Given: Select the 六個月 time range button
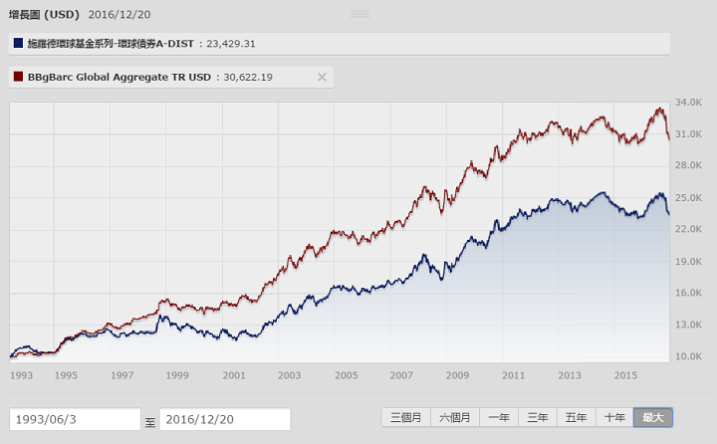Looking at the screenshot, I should pyautogui.click(x=457, y=418).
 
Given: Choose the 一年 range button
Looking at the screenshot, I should pyautogui.click(x=500, y=418).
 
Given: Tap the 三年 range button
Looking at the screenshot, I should pyautogui.click(x=538, y=418).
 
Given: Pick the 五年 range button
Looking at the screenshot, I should pyautogui.click(x=577, y=418).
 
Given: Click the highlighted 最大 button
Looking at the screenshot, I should pyautogui.click(x=652, y=418).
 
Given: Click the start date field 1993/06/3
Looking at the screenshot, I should pyautogui.click(x=75, y=419).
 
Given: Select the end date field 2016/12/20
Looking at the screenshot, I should pyautogui.click(x=225, y=419).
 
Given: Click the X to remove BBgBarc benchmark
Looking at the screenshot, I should pyautogui.click(x=322, y=77).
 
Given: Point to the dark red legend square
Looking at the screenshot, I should pyautogui.click(x=18, y=77).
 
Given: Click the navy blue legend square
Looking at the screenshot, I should pyautogui.click(x=18, y=43).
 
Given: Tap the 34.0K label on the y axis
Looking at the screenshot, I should pyautogui.click(x=689, y=102).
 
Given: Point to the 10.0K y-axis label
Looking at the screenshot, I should pyautogui.click(x=689, y=356).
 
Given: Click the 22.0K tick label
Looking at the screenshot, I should pyautogui.click(x=689, y=229).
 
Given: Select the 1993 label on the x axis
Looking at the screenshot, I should pyautogui.click(x=21, y=375).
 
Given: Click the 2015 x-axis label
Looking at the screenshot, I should pyautogui.click(x=625, y=375).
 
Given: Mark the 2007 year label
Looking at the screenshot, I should pyautogui.click(x=401, y=375).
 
